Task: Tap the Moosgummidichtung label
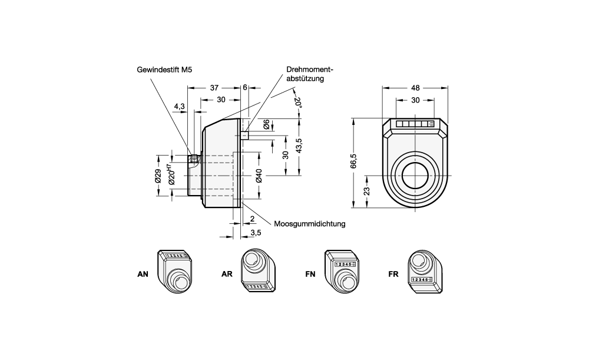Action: click(x=309, y=224)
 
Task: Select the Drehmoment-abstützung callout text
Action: click(x=306, y=73)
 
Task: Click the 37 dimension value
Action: click(x=215, y=87)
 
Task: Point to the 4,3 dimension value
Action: click(x=180, y=107)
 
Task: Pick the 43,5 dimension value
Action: click(x=299, y=146)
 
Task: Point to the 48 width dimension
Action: click(x=416, y=87)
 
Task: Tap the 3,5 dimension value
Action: click(x=256, y=233)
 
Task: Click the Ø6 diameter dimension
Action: click(x=266, y=124)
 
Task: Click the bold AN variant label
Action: click(x=143, y=274)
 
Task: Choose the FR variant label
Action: click(x=394, y=274)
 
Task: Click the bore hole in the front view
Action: click(x=416, y=175)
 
